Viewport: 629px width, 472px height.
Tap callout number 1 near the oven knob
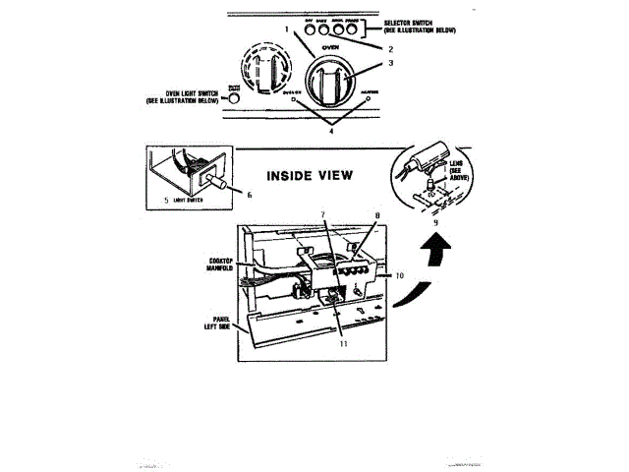[288, 29]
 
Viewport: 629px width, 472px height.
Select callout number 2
[390, 49]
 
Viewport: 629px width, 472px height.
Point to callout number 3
[390, 64]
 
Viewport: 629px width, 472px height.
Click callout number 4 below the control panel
[331, 131]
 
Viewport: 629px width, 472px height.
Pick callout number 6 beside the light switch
[249, 195]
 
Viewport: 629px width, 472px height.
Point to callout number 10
[400, 276]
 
